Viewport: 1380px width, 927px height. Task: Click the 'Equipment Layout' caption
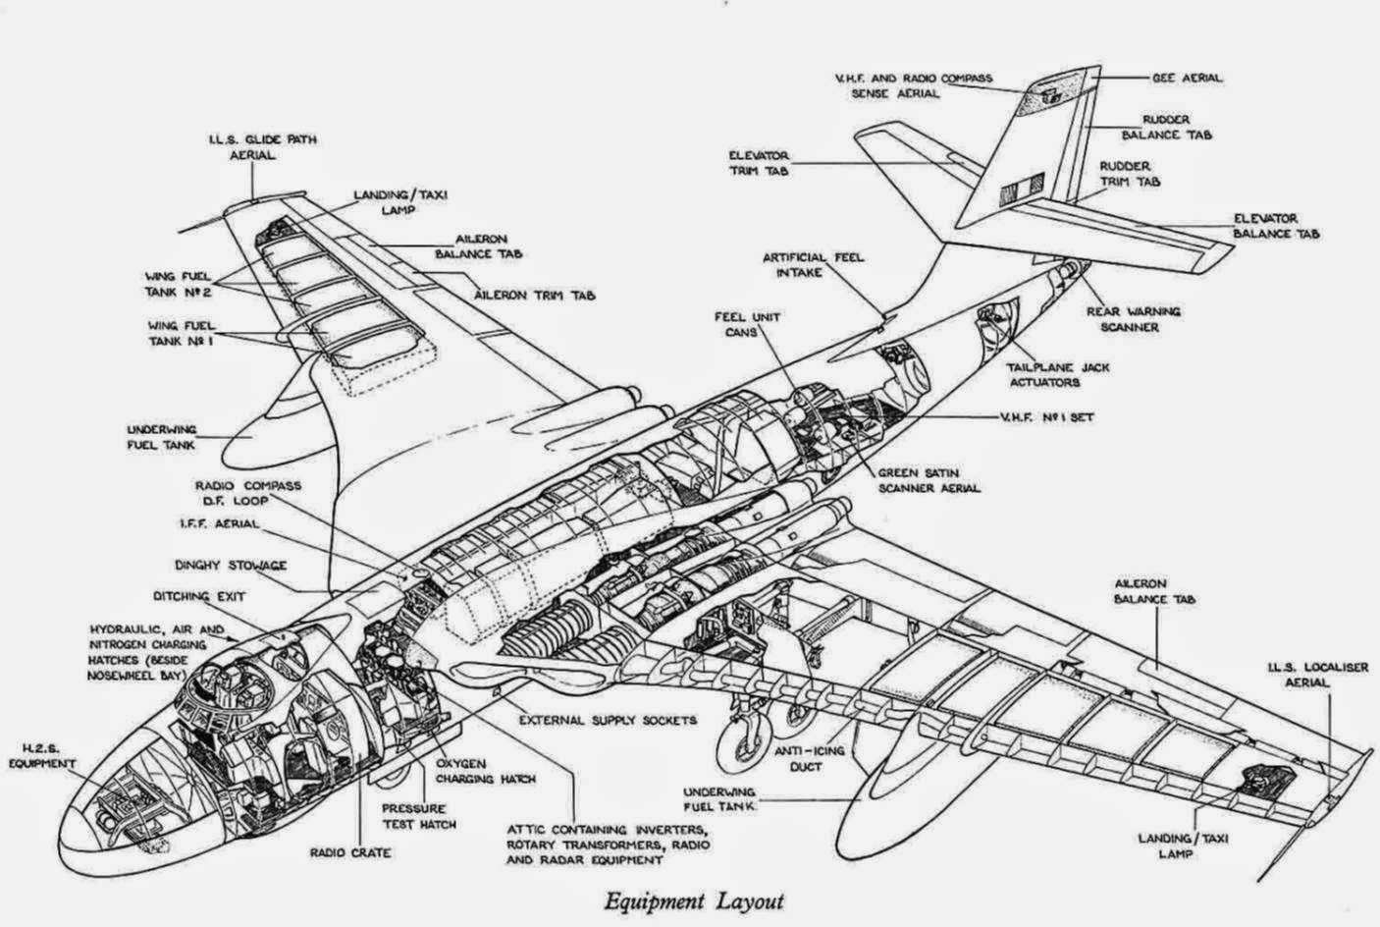coord(694,901)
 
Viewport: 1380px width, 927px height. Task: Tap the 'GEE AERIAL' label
coord(1188,79)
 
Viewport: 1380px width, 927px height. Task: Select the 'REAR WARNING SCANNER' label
coord(1133,319)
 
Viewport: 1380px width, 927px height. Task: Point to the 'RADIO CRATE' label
coord(350,853)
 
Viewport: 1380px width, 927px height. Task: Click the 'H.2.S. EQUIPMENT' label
coord(42,756)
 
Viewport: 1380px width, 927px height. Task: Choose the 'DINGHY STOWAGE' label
coord(231,566)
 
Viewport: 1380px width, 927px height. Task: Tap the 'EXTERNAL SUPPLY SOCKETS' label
coord(608,720)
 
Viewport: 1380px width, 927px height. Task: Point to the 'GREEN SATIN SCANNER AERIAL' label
coord(929,481)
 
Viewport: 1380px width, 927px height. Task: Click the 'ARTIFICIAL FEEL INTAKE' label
coord(814,265)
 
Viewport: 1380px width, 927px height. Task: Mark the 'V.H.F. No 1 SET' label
coord(1045,417)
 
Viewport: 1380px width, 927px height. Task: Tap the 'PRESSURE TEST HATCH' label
coord(419,816)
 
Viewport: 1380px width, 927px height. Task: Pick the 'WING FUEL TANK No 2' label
coord(178,284)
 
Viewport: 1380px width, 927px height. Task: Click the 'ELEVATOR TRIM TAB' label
coord(759,163)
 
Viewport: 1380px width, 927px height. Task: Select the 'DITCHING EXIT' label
coord(199,597)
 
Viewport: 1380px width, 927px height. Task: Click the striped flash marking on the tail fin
coord(1022,189)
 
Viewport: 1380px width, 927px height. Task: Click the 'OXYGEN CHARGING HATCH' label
coord(486,771)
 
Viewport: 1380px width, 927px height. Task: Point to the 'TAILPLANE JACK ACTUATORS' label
coord(1058,375)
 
